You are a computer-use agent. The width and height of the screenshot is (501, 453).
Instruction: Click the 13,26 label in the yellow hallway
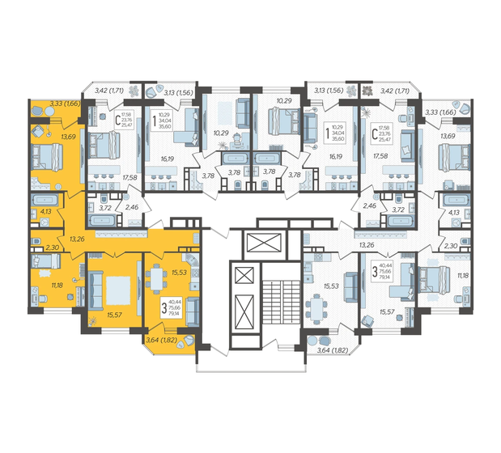(79, 239)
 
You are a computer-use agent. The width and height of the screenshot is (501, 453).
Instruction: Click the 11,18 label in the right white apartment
(463, 276)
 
